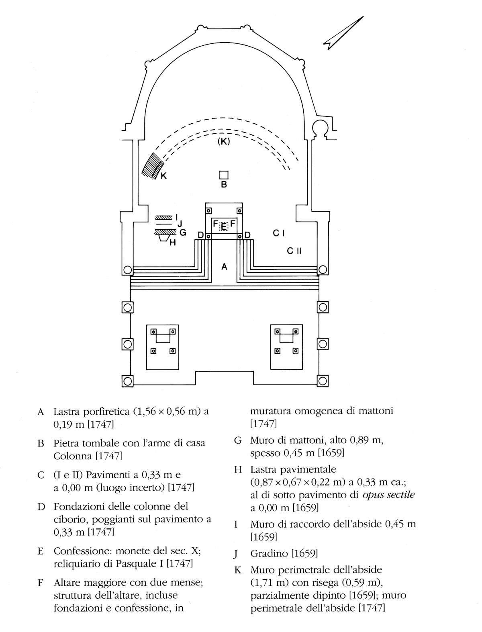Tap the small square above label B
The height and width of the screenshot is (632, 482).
224,175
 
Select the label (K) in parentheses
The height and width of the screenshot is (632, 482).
224,141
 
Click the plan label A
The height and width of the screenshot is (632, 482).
224,267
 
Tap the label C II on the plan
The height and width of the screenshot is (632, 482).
294,251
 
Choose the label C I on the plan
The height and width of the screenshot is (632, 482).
279,233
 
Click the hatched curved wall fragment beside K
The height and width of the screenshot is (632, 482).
153,166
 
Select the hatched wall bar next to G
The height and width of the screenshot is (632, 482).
165,232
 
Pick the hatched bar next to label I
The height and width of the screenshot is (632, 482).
163,218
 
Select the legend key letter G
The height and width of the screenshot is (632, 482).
238,440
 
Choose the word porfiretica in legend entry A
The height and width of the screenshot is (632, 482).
106,412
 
